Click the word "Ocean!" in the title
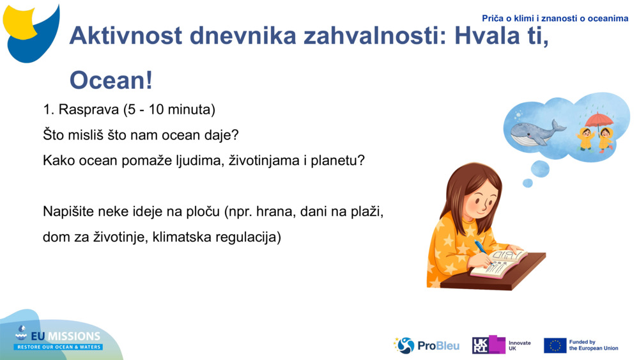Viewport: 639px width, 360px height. (x=111, y=81)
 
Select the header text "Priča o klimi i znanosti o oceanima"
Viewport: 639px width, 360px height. (x=555, y=19)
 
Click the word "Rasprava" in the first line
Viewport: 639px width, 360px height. (x=88, y=109)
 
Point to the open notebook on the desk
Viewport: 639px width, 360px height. (x=500, y=263)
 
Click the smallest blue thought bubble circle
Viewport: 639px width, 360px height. (x=527, y=184)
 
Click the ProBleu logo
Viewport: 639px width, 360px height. (x=427, y=345)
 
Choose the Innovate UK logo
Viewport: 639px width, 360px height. (x=502, y=345)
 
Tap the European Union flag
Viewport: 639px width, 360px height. (x=555, y=345)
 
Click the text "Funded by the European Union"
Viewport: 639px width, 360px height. (x=593, y=345)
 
